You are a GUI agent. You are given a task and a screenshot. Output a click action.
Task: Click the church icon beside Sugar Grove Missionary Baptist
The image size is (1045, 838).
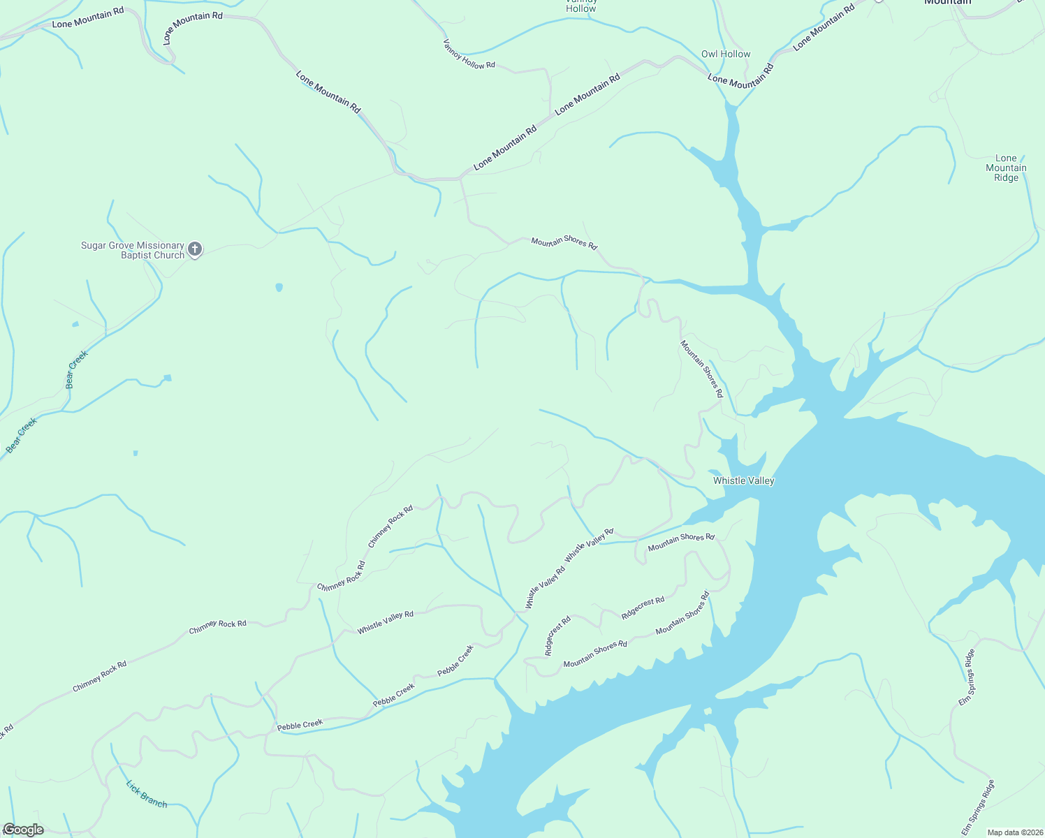pyautogui.click(x=195, y=249)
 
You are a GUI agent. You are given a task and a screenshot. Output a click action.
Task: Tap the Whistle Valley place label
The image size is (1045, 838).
pyautogui.click(x=743, y=480)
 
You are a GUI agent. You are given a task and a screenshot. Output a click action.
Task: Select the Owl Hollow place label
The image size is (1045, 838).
pyautogui.click(x=726, y=54)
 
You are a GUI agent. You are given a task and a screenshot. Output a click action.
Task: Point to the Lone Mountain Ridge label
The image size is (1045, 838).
pyautogui.click(x=1006, y=168)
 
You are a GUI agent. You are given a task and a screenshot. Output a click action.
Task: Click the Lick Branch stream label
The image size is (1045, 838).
pyautogui.click(x=147, y=794)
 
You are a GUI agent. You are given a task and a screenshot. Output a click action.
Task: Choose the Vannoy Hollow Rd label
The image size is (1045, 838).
pyautogui.click(x=469, y=53)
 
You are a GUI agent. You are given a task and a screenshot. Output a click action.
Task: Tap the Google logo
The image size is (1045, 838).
pyautogui.click(x=23, y=830)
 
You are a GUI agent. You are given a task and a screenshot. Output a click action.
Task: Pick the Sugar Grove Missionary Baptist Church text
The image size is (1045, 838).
pyautogui.click(x=133, y=250)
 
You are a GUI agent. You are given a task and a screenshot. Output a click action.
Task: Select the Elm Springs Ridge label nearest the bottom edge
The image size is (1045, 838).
pyautogui.click(x=977, y=807)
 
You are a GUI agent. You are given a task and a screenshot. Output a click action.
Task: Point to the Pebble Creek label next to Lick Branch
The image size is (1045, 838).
pyautogui.click(x=300, y=725)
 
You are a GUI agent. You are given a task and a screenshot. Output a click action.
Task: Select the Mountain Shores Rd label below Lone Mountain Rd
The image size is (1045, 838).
pyautogui.click(x=564, y=243)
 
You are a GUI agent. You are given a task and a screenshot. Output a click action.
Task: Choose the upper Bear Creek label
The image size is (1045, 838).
pyautogui.click(x=76, y=369)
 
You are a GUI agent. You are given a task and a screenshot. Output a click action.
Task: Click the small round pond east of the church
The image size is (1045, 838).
pyautogui.click(x=279, y=287)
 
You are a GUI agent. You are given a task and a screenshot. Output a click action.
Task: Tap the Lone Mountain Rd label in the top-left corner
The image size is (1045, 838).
pyautogui.click(x=88, y=18)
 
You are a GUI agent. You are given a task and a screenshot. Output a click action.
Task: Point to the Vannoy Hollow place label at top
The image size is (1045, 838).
pyautogui.click(x=581, y=6)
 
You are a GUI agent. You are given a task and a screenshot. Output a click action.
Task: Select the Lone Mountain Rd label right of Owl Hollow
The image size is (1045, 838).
pyautogui.click(x=824, y=28)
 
